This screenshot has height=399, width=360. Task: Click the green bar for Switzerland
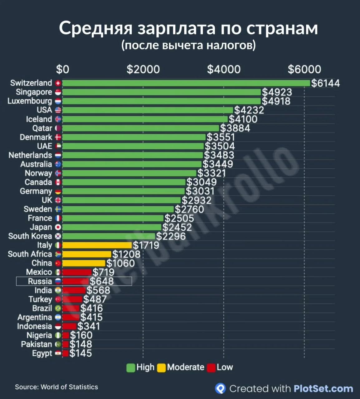pyautogui.click(x=186, y=83)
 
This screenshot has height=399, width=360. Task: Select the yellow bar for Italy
pyautogui.click(x=97, y=245)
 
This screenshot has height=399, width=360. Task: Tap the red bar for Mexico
pyautogui.click(x=77, y=272)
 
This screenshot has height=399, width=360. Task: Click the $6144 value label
pyautogui.click(x=325, y=83)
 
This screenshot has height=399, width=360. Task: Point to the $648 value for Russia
pyautogui.click(x=102, y=281)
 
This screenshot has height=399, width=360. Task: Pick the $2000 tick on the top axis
pyautogui.click(x=143, y=69)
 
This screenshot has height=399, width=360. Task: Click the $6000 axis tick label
pyautogui.click(x=304, y=69)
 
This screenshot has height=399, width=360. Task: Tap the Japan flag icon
pyautogui.click(x=58, y=228)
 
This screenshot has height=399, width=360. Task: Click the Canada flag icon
pyautogui.click(x=58, y=182)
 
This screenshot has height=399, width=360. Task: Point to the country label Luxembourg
pyautogui.click(x=30, y=101)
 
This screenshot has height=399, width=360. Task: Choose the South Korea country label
pyautogui.click(x=30, y=236)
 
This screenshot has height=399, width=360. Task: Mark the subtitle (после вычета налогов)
pyautogui.click(x=188, y=45)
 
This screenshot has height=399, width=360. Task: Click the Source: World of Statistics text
pyautogui.click(x=56, y=387)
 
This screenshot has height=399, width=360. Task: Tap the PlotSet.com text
pyautogui.click(x=323, y=389)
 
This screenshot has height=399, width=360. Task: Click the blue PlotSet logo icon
pyautogui.click(x=220, y=388)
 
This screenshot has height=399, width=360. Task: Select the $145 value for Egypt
pyautogui.click(x=80, y=353)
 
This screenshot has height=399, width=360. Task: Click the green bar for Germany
pyautogui.click(x=123, y=191)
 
